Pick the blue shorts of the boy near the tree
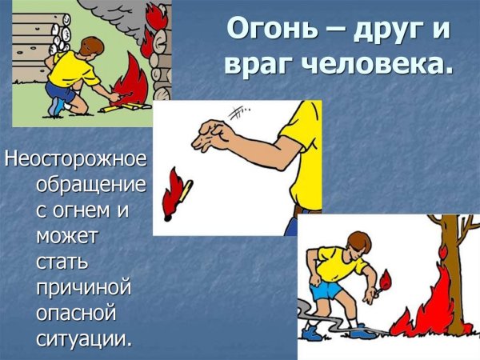[x=329, y=291]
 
